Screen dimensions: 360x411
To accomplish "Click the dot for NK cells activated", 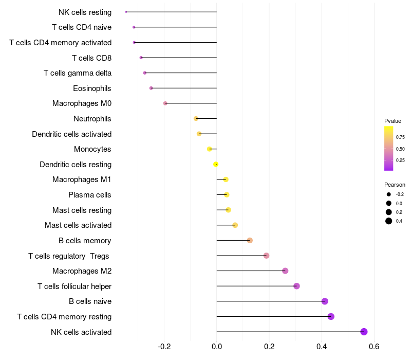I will (364, 332).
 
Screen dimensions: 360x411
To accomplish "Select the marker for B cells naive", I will (325, 301).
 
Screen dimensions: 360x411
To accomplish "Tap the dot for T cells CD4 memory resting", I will (331, 316).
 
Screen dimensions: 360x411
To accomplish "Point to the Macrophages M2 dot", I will (285, 271).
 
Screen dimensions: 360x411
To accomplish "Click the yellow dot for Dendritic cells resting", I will (216, 164).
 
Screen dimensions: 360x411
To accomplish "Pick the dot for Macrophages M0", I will (165, 103).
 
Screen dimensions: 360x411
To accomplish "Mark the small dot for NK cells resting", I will (126, 12).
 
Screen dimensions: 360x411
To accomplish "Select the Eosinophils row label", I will (92, 88).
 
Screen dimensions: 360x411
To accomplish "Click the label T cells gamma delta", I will (78, 73).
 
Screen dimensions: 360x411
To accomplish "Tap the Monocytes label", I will (92, 149).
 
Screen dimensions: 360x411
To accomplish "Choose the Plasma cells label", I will (90, 195).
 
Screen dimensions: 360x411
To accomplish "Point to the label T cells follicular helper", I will (74, 286).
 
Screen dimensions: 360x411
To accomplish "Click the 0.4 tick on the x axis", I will (322, 346).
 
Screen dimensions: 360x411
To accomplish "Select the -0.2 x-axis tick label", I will (164, 346).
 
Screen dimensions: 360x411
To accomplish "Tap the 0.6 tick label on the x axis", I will (374, 346).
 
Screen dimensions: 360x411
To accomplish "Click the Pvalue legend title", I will (393, 121).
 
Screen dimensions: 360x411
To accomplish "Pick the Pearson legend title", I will (395, 185).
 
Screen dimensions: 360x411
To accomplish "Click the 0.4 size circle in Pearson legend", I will (389, 221).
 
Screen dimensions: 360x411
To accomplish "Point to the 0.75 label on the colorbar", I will (400, 137).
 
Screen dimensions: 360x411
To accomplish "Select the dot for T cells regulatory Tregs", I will (266, 256).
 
